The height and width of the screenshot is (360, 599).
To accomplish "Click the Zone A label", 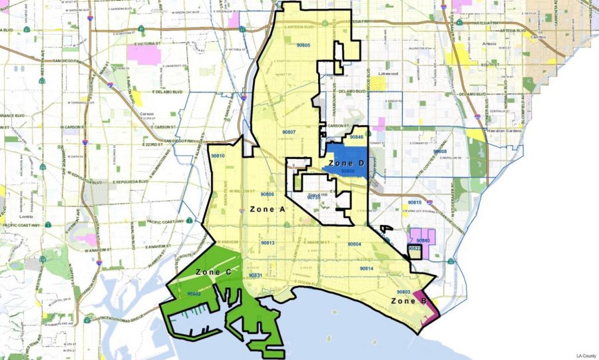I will [x=267, y=209].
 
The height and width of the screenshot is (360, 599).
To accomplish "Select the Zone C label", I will [x=214, y=273].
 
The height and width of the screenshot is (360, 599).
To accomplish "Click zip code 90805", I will [x=302, y=45].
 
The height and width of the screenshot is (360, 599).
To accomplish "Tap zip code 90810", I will [x=218, y=156].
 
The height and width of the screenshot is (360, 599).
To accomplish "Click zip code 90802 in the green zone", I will [x=194, y=293].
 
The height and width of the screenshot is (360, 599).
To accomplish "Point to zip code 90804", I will [x=354, y=244].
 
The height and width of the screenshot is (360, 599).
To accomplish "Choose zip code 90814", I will [x=366, y=268].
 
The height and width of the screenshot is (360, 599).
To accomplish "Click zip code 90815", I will [x=415, y=202].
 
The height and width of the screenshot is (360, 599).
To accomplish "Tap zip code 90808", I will [x=440, y=152].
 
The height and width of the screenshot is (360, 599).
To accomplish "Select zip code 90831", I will [x=256, y=275].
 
